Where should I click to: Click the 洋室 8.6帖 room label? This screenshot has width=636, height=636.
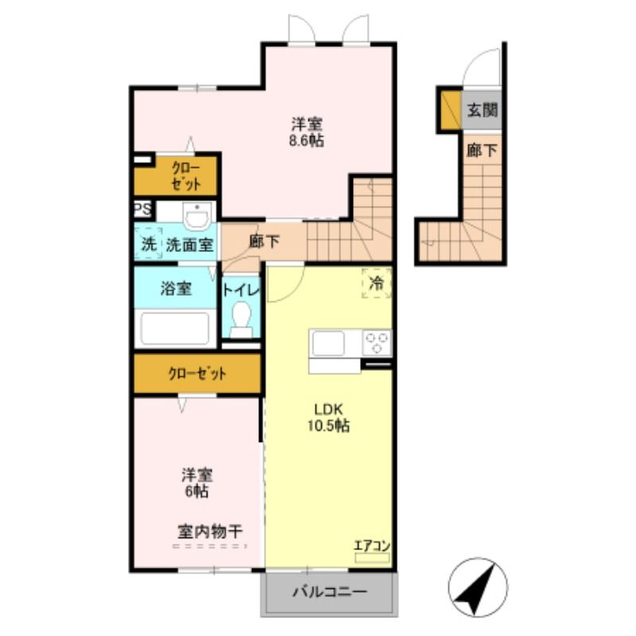click(306, 132)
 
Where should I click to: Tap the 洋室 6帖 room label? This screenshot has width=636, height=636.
click(197, 483)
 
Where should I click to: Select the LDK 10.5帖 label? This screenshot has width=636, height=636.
click(328, 417)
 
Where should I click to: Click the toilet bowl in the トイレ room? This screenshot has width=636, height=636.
click(241, 320)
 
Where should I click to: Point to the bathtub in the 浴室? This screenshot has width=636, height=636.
click(175, 328)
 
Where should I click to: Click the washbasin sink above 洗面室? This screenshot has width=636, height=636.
click(196, 216)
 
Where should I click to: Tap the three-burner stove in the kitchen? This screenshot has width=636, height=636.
click(377, 343)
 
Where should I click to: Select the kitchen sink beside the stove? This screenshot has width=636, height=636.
click(328, 343)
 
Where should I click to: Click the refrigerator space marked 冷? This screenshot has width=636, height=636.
click(377, 283)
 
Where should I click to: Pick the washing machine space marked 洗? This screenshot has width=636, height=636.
click(149, 243)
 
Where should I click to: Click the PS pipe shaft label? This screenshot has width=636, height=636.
click(143, 210)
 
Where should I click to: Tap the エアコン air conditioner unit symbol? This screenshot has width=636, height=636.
click(372, 558)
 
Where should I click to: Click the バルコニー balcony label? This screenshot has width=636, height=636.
click(330, 591)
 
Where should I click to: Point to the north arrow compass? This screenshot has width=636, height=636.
click(478, 587)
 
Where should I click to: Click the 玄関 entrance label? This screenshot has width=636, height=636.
click(482, 110)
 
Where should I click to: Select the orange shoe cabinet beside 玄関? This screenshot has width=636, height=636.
click(451, 110)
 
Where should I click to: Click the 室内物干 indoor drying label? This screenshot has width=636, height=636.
click(210, 531)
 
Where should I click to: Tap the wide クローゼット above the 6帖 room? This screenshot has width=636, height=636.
click(197, 374)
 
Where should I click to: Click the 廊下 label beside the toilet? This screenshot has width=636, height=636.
click(264, 242)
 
